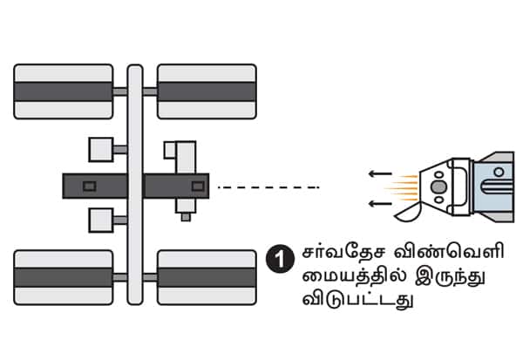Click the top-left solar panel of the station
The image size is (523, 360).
click(64, 92)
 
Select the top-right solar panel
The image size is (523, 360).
click(207, 92)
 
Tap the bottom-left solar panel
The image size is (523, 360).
click(64, 276)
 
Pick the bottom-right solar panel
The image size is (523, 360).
click(207, 276)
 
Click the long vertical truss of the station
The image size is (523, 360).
click(135, 183)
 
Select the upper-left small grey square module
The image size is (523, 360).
click(101, 149)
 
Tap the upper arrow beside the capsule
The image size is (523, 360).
click(379, 174)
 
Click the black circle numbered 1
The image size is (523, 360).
click(277, 259)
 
